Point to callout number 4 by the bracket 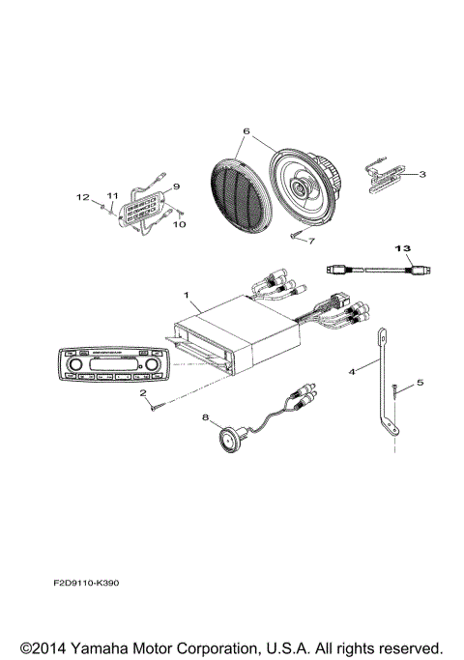click(x=352, y=371)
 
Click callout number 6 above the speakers click(x=246, y=129)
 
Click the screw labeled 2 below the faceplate click(x=159, y=409)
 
